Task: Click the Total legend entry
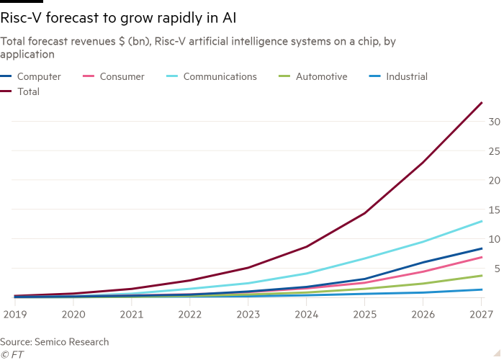point(28,91)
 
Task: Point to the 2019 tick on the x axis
point(14,315)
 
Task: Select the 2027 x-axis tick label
point(481,315)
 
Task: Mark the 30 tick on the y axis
point(494,122)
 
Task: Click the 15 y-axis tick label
point(494,210)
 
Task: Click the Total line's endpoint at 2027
point(482,102)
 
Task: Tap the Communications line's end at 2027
point(482,221)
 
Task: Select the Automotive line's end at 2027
point(482,275)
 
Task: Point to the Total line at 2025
point(364,212)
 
